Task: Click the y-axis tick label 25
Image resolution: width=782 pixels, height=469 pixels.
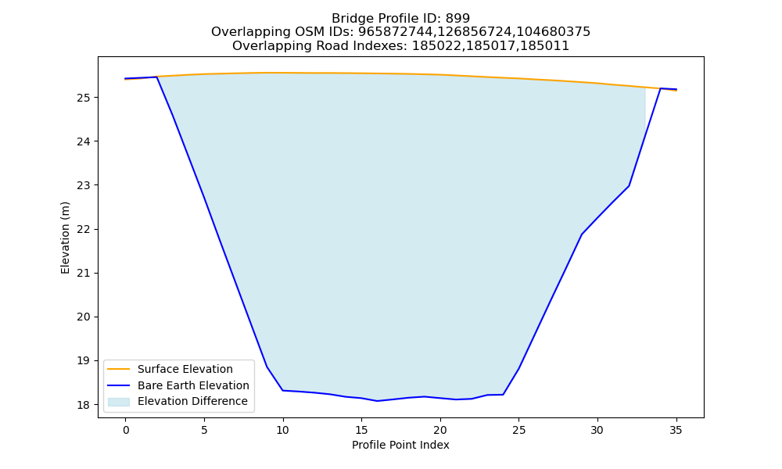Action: (x=84, y=97)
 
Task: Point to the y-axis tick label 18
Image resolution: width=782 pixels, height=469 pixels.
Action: (x=84, y=405)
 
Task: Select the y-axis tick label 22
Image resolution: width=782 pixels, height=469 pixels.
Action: (x=84, y=229)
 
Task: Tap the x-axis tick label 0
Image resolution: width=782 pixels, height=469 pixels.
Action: (x=126, y=430)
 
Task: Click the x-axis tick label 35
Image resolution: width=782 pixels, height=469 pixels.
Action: (x=676, y=430)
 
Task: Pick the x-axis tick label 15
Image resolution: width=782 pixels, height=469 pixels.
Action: (x=361, y=430)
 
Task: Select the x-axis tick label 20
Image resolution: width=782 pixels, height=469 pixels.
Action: (x=439, y=430)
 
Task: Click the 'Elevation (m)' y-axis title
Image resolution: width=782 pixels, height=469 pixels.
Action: (x=66, y=238)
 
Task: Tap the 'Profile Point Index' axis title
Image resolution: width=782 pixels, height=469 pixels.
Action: (x=400, y=445)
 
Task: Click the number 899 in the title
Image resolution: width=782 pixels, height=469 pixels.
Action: (x=457, y=19)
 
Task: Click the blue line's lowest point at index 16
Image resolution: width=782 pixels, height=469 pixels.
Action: (x=377, y=401)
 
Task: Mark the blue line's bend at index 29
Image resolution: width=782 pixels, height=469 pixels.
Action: (x=582, y=234)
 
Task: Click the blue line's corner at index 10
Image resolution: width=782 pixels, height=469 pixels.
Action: (x=283, y=390)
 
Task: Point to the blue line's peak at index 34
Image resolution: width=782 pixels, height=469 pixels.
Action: (x=660, y=88)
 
